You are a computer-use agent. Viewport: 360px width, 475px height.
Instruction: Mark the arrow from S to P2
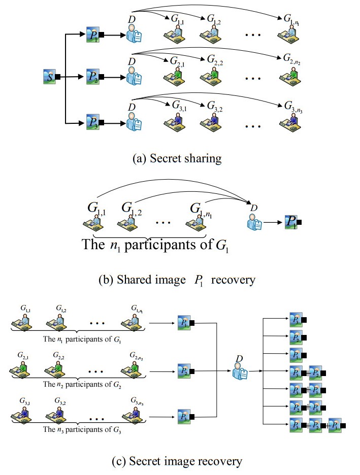(x=74, y=77)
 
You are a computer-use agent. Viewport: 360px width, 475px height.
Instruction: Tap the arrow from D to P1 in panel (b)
(x=273, y=222)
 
